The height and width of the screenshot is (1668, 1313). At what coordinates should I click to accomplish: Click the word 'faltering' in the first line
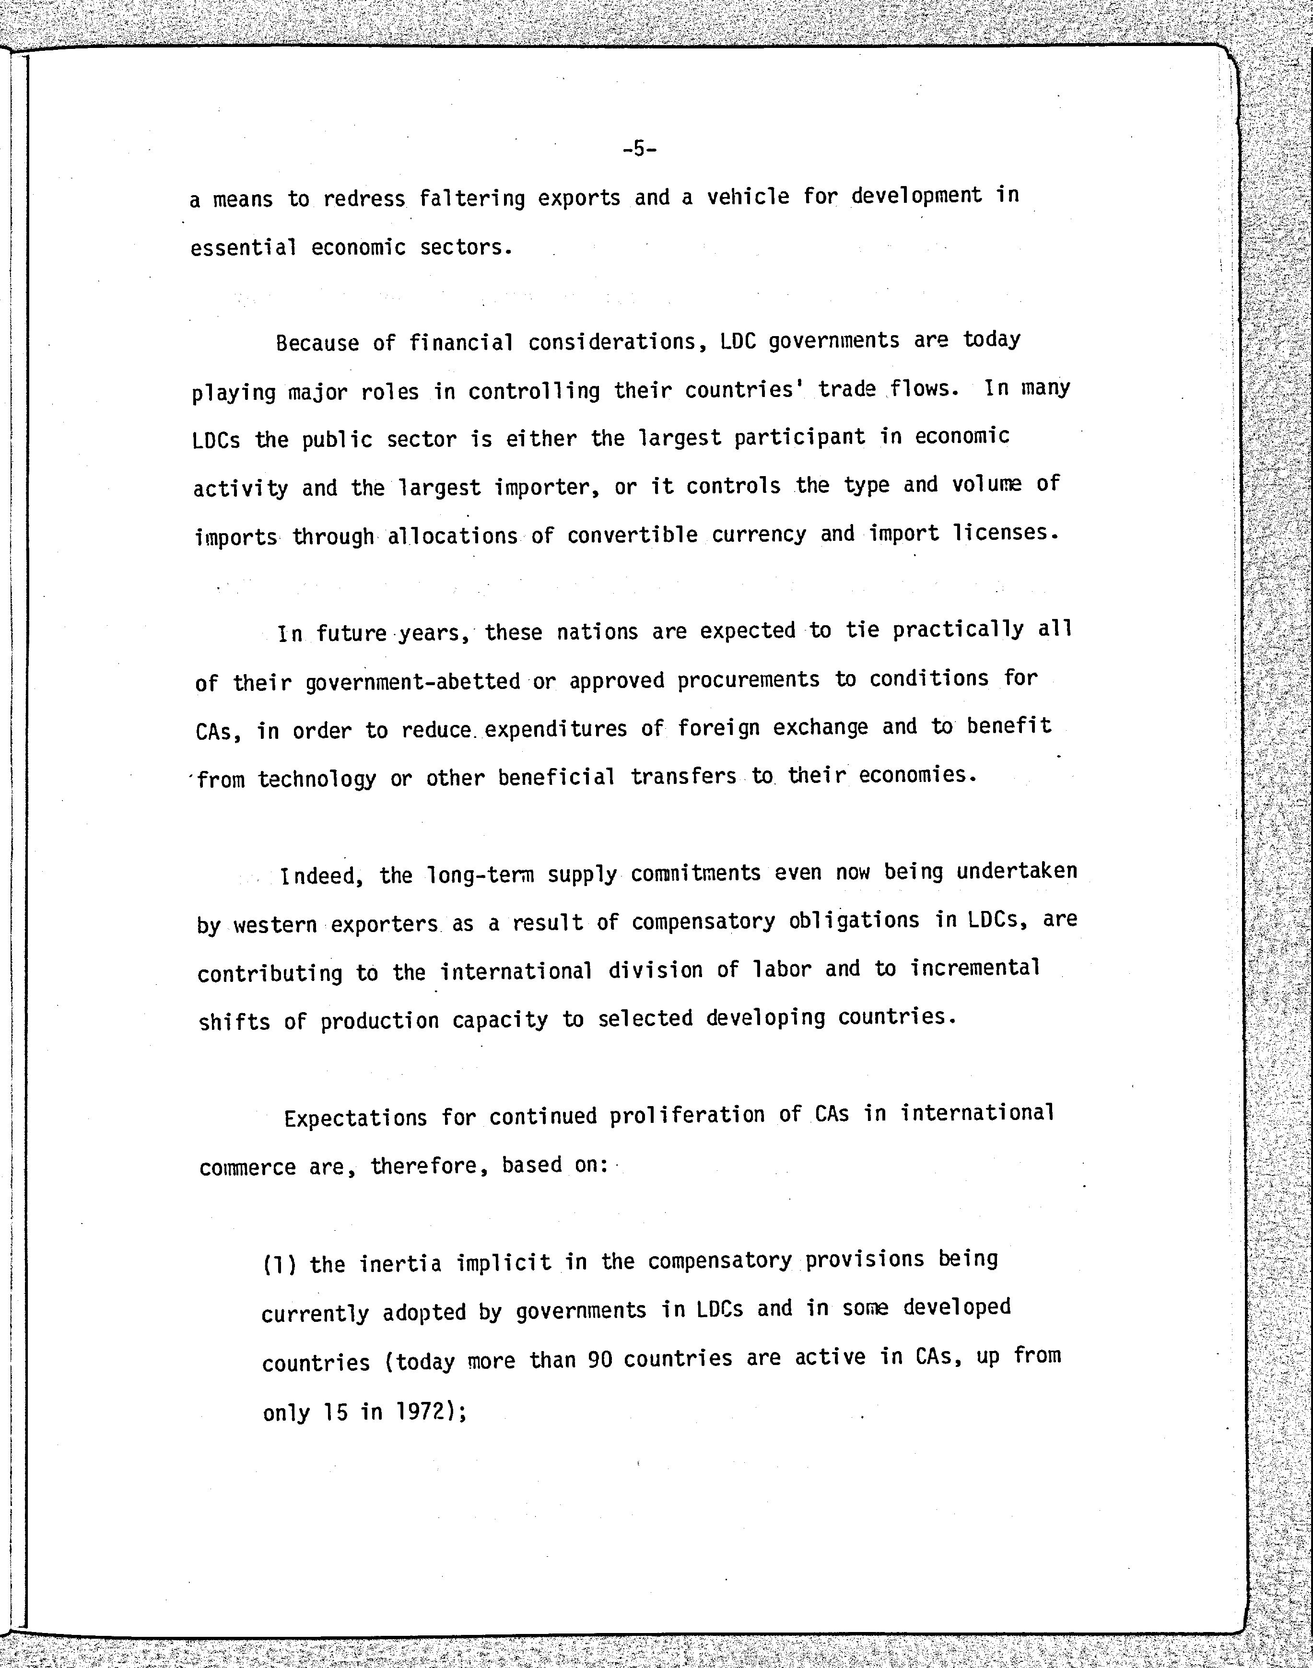click(472, 198)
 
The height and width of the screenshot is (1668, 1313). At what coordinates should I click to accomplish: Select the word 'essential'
click(243, 247)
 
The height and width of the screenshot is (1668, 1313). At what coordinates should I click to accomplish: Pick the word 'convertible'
click(632, 535)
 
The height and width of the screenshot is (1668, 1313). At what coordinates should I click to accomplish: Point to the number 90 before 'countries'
click(599, 1360)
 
